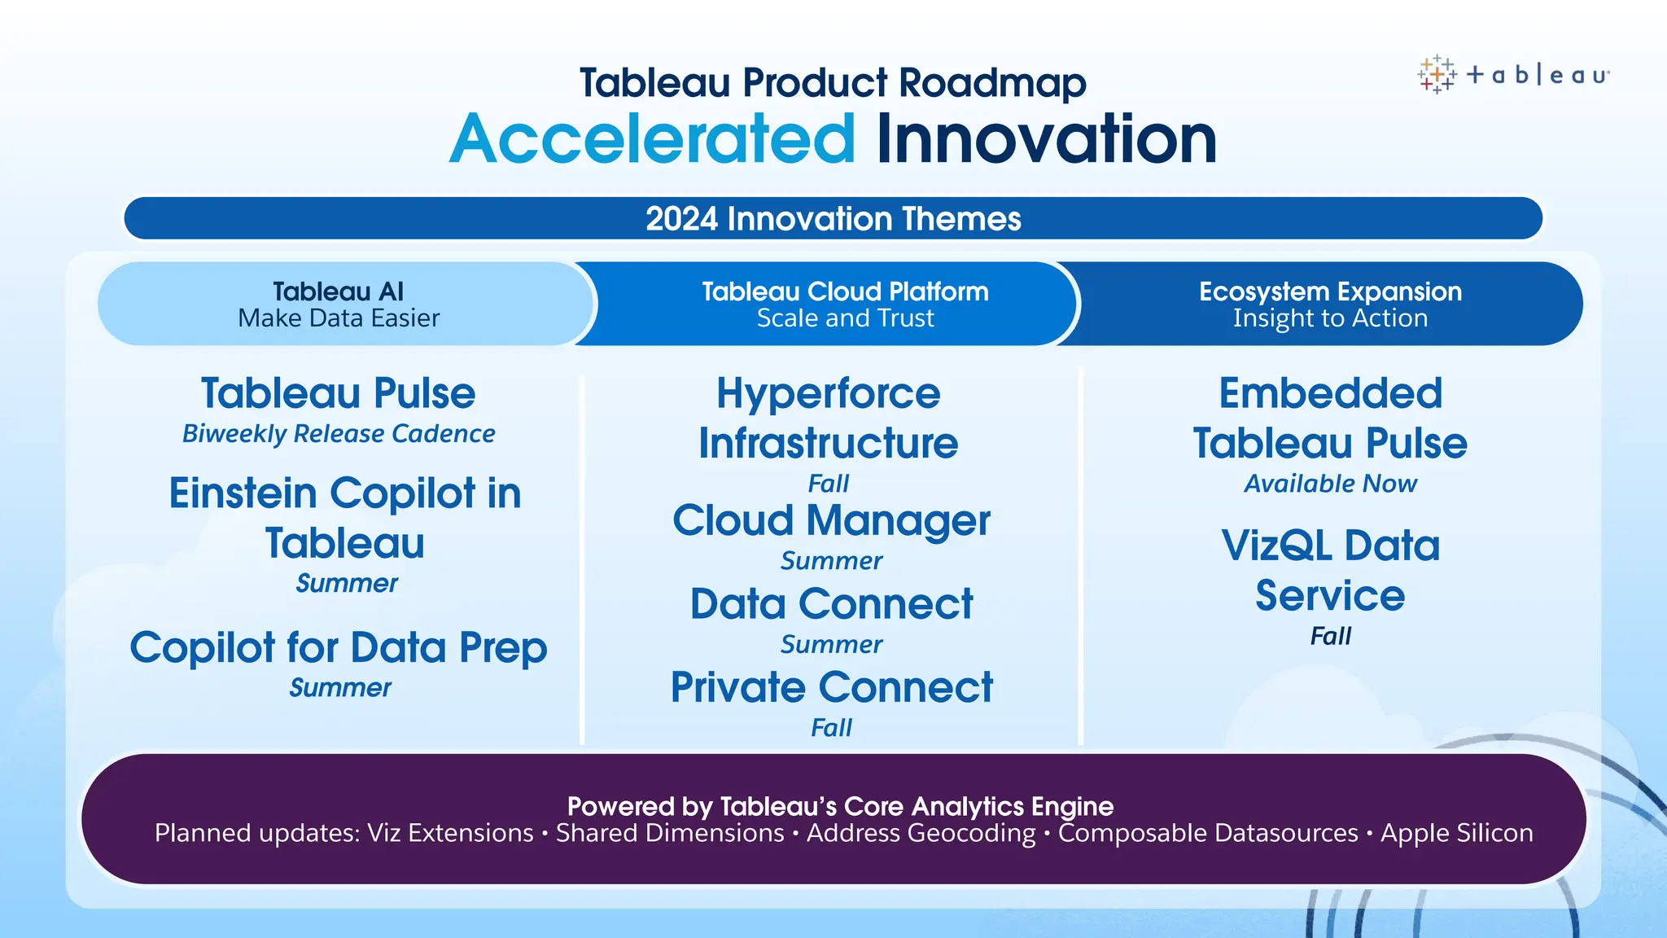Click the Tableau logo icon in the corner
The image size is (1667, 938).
(1437, 75)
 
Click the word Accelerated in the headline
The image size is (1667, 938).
(652, 139)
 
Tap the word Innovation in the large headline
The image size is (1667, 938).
(1046, 139)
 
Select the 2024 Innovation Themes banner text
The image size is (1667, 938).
(833, 219)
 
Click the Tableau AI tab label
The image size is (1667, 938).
(338, 291)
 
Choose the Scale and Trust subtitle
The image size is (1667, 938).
(845, 318)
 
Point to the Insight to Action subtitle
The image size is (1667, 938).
(1330, 318)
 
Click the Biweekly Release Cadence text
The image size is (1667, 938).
(339, 434)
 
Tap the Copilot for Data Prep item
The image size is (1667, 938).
(339, 648)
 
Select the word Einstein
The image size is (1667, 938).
(243, 493)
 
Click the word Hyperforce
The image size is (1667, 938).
(828, 394)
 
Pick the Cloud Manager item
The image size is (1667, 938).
(831, 520)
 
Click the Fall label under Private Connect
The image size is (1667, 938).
(831, 727)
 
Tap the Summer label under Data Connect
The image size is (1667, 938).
(831, 645)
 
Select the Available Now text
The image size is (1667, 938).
(1330, 484)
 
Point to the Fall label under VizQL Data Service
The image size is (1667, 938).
(1330, 636)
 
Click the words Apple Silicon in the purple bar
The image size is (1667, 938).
(1456, 833)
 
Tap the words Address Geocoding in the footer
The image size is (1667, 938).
(921, 833)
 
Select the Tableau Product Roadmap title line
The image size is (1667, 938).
(833, 83)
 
